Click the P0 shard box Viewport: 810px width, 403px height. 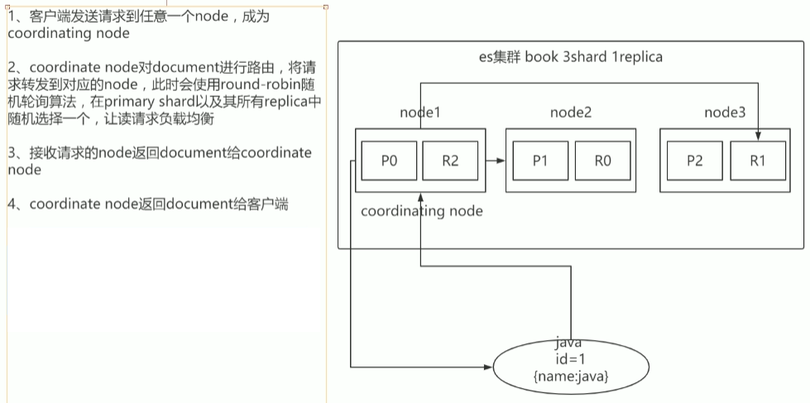tap(390, 161)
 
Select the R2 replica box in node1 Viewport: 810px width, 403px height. tap(450, 161)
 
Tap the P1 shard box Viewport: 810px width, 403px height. tap(540, 161)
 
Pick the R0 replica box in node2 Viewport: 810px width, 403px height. tap(602, 161)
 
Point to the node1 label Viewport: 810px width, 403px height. tap(420, 113)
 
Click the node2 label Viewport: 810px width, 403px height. tap(572, 113)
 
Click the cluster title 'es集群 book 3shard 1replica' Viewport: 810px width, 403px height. tap(571, 57)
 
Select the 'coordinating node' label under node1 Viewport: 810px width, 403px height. tap(422, 211)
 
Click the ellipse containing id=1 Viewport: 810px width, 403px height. tap(571, 362)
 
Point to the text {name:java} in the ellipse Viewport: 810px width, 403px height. tap(571, 377)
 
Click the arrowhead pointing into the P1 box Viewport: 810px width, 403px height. tap(501, 161)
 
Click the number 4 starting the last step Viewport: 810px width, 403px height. tap(12, 204)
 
